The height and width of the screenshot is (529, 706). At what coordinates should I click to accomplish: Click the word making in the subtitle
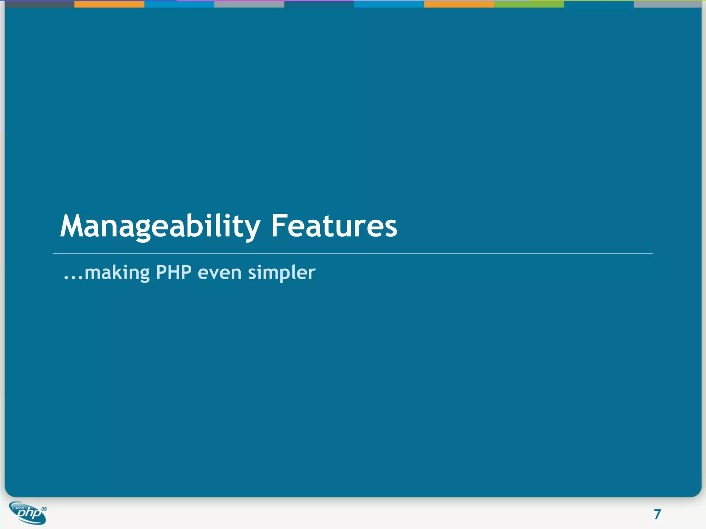[x=117, y=273]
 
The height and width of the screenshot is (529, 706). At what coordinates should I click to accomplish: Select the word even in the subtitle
[x=220, y=273]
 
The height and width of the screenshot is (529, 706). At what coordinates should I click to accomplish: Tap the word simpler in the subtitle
[x=282, y=273]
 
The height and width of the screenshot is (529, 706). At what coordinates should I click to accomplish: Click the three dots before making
[x=73, y=278]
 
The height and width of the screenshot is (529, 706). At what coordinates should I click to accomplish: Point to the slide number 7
[x=657, y=514]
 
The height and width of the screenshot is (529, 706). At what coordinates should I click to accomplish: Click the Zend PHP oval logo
[x=28, y=513]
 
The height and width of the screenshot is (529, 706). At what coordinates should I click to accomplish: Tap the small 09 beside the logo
[x=44, y=509]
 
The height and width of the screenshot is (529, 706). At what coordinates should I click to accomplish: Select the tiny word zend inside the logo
[x=19, y=508]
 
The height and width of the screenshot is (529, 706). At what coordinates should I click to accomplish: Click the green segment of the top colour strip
[x=529, y=4]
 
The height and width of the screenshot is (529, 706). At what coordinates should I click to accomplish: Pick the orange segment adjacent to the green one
[x=459, y=4]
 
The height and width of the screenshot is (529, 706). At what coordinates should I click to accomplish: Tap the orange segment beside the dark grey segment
[x=109, y=4]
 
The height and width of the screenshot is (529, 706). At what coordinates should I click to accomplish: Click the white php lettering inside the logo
[x=29, y=514]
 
